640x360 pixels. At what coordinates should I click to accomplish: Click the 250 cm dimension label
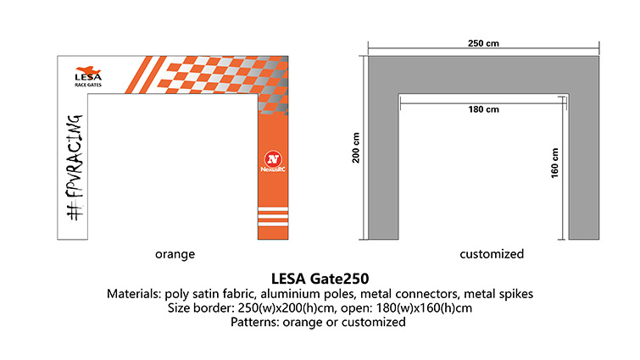(x=483, y=42)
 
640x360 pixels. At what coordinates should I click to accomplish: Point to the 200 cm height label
(x=357, y=149)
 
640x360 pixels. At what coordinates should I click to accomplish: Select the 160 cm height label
(x=557, y=163)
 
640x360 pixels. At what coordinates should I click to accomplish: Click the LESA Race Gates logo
(x=88, y=75)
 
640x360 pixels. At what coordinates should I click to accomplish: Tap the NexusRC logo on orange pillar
(x=273, y=161)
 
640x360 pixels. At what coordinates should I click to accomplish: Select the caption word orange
(x=175, y=253)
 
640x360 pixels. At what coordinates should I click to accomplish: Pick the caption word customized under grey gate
(x=492, y=253)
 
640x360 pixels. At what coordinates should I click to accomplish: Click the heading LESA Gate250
(x=320, y=277)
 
